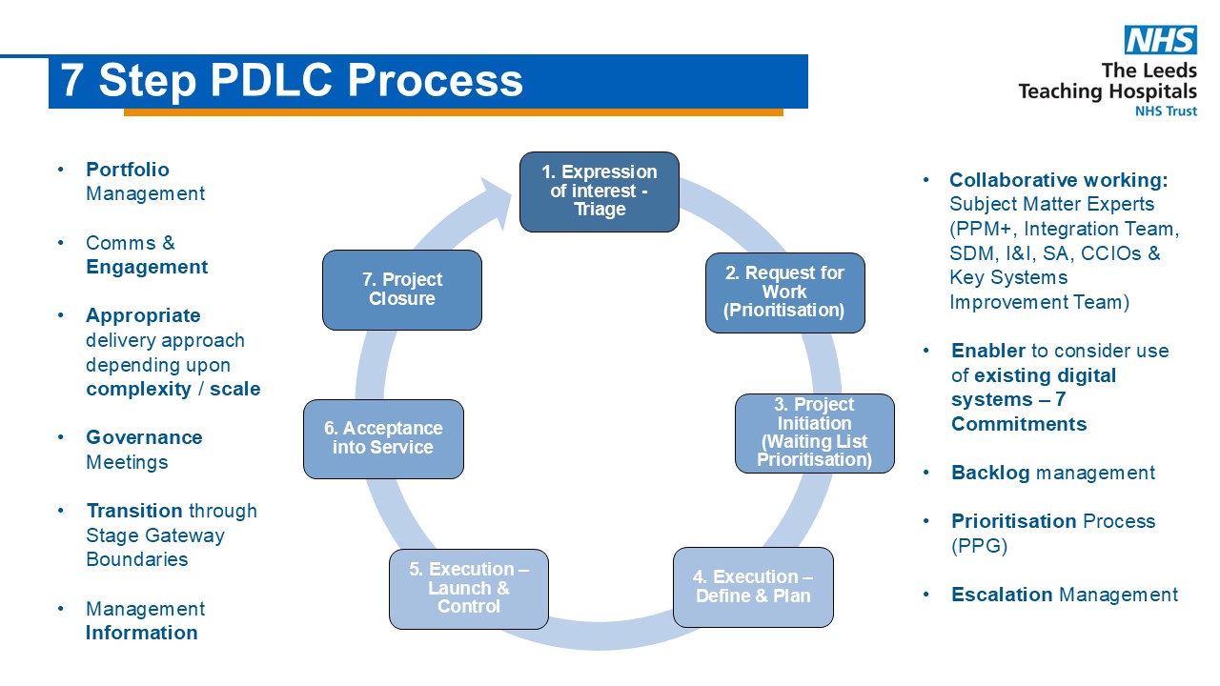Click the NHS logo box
1161,40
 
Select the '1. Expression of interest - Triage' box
600,192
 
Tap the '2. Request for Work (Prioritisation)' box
784,293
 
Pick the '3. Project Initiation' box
815,434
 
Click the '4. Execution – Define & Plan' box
753,587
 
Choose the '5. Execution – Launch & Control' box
469,589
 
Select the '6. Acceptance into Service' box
383,439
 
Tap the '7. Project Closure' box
402,290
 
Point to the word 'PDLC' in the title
271,80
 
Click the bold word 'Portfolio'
128,170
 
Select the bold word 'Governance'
144,437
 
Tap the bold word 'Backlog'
990,473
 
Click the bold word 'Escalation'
1002,595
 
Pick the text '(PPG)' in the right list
979,546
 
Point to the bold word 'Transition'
134,511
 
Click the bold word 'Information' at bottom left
142,633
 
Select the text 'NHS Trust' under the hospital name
1166,111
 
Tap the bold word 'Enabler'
988,351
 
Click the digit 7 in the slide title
71,80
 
